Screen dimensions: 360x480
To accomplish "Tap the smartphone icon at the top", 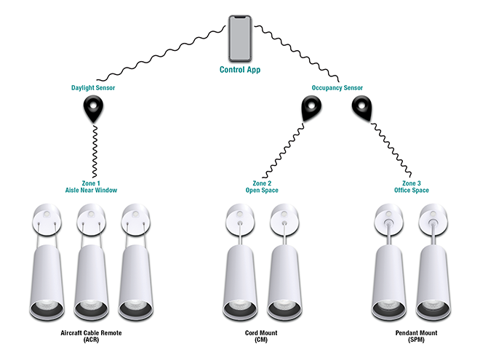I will pyautogui.click(x=239, y=38).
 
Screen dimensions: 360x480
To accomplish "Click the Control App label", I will pyautogui.click(x=239, y=71).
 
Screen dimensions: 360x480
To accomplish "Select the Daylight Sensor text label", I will pyautogui.click(x=93, y=88).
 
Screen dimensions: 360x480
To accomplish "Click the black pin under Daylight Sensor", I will pyautogui.click(x=93, y=110).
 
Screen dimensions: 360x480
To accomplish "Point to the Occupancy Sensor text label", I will pyautogui.click(x=337, y=88).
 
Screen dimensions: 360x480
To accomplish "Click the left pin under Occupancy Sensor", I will pyautogui.click(x=311, y=109).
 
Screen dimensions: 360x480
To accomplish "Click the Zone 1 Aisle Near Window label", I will pyautogui.click(x=91, y=186).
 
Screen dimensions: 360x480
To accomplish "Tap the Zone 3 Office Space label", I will pyautogui.click(x=411, y=186).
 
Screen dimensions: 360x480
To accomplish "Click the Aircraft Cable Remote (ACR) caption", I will pyautogui.click(x=91, y=336).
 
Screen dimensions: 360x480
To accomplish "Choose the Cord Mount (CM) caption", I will pyautogui.click(x=260, y=336).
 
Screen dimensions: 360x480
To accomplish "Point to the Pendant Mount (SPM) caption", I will pyautogui.click(x=411, y=336).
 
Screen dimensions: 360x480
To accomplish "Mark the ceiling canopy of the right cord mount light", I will pyautogui.click(x=282, y=215).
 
